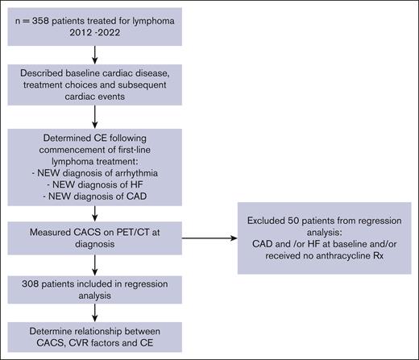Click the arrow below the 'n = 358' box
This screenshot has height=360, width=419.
(95, 56)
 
